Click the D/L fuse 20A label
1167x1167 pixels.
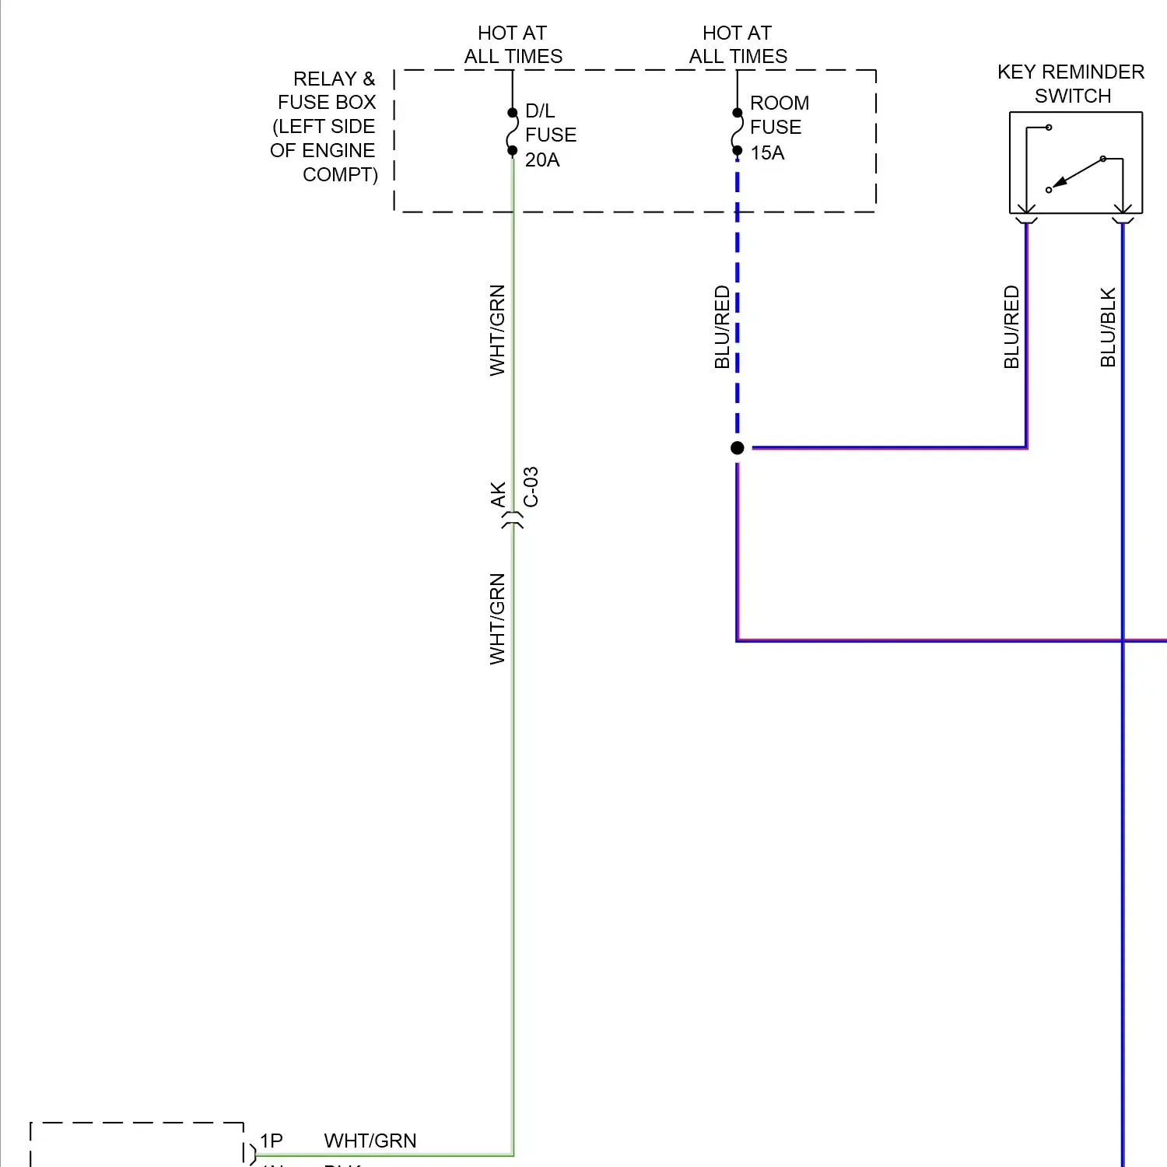click(550, 135)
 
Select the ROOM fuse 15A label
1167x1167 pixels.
click(778, 128)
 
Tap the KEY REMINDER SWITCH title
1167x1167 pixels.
click(1071, 84)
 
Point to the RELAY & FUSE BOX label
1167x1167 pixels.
click(325, 126)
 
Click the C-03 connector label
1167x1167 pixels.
click(531, 487)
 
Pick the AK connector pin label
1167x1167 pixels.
click(498, 495)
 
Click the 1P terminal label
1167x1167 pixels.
click(271, 1141)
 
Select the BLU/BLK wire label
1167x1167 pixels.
click(1108, 327)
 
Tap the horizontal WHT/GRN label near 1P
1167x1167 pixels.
click(370, 1141)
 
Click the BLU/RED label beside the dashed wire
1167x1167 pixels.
click(722, 327)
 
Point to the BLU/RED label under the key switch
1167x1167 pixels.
click(1011, 327)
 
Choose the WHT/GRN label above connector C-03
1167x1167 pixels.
click(497, 330)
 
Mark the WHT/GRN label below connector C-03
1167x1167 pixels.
click(497, 619)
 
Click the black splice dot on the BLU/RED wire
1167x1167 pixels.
click(738, 447)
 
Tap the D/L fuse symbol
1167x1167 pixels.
click(512, 132)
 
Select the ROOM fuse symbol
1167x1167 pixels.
click(737, 132)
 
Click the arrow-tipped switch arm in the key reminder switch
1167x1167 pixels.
click(1078, 173)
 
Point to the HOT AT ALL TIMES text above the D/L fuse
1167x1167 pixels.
click(513, 44)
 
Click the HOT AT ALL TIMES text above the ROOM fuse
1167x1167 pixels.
click(738, 44)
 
